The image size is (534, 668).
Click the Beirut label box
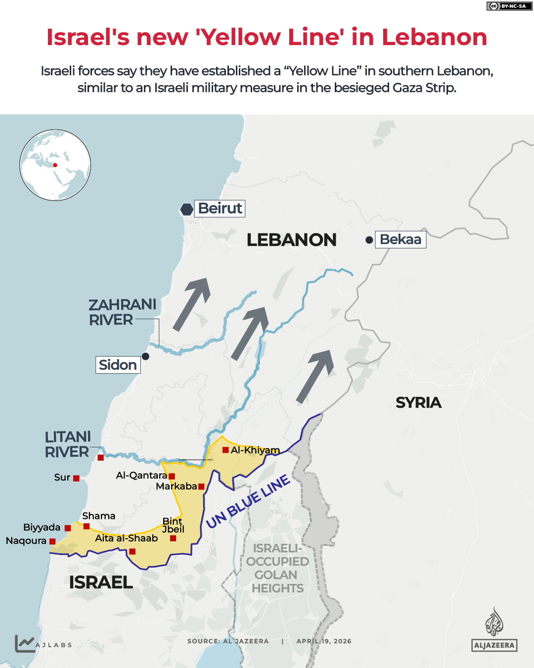click(220, 208)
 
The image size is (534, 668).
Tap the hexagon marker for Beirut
click(186, 209)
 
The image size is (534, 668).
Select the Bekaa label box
click(400, 239)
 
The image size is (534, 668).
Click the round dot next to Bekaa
click(369, 240)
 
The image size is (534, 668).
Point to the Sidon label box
click(118, 365)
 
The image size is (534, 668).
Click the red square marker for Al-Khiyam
click(225, 450)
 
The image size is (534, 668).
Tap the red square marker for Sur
click(76, 478)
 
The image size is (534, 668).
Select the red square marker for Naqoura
click(52, 541)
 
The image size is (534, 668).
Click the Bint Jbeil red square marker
click(173, 538)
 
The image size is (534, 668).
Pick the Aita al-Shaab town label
click(126, 538)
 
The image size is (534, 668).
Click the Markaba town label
click(176, 486)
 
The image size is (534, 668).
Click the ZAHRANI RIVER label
click(122, 312)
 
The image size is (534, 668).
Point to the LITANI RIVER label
click(68, 444)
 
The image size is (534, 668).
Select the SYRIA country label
click(418, 402)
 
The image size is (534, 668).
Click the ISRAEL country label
click(101, 582)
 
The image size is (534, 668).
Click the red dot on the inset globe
click(55, 165)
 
